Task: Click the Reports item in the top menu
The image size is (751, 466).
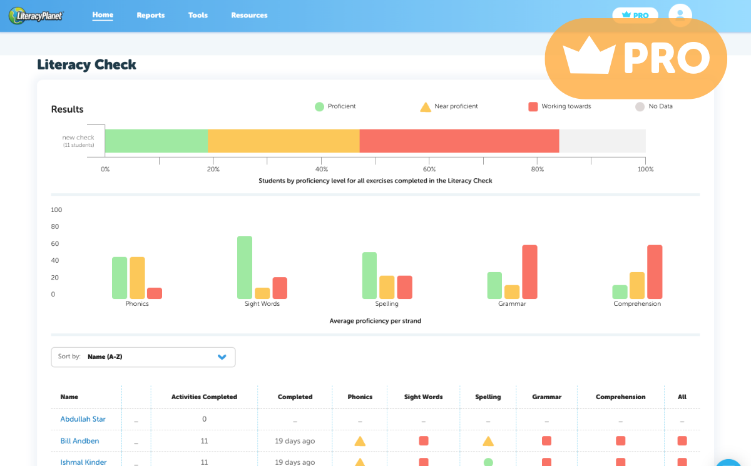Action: click(x=150, y=15)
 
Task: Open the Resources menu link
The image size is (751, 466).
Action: click(x=249, y=15)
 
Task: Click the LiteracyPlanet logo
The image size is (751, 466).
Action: click(x=36, y=16)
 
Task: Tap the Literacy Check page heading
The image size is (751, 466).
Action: click(x=86, y=64)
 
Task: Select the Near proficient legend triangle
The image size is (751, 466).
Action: click(x=426, y=107)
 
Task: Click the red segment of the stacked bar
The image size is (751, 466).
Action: click(x=459, y=141)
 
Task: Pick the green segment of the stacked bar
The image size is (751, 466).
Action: click(x=156, y=141)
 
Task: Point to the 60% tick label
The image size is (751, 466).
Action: click(x=429, y=170)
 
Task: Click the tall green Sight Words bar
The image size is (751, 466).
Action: click(x=245, y=267)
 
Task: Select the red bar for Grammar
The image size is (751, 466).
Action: click(x=529, y=271)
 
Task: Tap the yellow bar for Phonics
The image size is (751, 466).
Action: click(x=137, y=278)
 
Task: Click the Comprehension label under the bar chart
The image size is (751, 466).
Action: click(x=636, y=304)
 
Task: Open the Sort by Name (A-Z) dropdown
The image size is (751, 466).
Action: click(x=143, y=357)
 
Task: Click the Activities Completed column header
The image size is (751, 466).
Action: click(x=204, y=397)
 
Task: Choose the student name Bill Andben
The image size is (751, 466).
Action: click(x=79, y=441)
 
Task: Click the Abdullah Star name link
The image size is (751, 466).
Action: click(x=83, y=419)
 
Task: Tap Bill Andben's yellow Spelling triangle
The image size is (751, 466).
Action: click(x=488, y=441)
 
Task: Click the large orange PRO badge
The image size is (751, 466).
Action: click(x=636, y=58)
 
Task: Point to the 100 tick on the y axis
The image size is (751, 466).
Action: click(x=56, y=210)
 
